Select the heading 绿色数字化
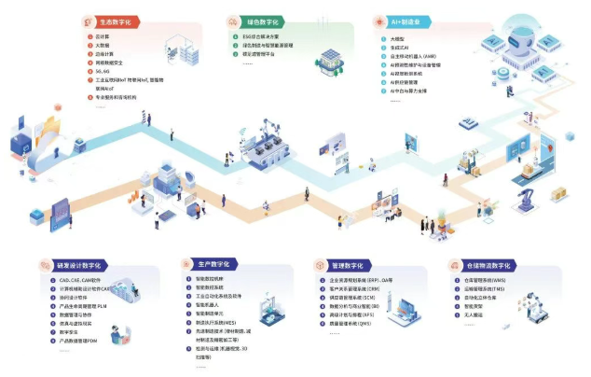pos(263,20)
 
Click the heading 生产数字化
pos(212,265)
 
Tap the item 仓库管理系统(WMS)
pos(486,281)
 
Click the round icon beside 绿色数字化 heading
pos(232,20)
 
